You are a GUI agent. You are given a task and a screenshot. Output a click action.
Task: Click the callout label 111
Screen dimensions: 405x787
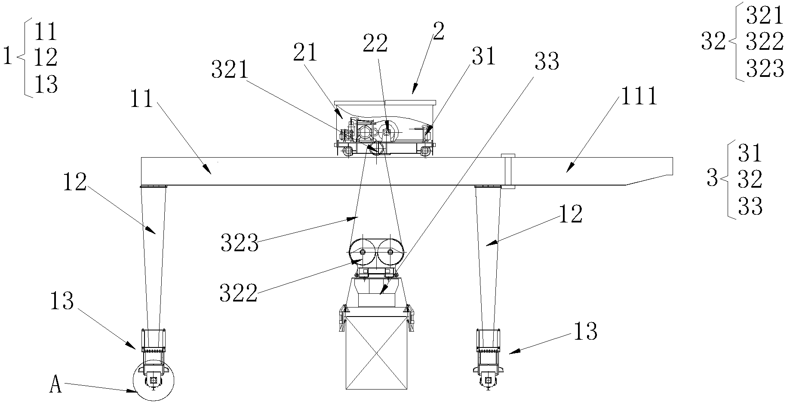point(638,97)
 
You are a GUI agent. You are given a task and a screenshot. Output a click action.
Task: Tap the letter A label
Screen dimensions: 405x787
point(56,385)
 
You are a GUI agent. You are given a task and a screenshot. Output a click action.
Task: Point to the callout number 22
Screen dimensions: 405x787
point(375,43)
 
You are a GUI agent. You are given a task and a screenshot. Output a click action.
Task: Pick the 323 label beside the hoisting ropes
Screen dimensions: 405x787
point(240,244)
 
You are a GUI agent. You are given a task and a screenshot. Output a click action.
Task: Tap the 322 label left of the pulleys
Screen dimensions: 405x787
point(238,294)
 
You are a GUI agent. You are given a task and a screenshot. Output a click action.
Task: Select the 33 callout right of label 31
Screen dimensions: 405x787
point(547,61)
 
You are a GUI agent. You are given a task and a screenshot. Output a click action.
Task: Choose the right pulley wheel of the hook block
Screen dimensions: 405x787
point(390,252)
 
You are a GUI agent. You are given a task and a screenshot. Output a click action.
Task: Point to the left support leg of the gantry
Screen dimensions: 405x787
point(153,258)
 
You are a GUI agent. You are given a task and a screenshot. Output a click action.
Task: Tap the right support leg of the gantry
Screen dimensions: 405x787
point(488,258)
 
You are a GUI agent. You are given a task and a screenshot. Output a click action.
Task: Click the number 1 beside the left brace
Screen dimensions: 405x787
point(7,57)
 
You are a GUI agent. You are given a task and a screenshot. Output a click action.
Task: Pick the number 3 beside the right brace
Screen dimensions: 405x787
point(713,179)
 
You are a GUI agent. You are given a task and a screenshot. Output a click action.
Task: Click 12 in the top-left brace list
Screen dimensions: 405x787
point(46,57)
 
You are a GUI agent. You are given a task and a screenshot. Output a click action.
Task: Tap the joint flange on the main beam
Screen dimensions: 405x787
point(508,171)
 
